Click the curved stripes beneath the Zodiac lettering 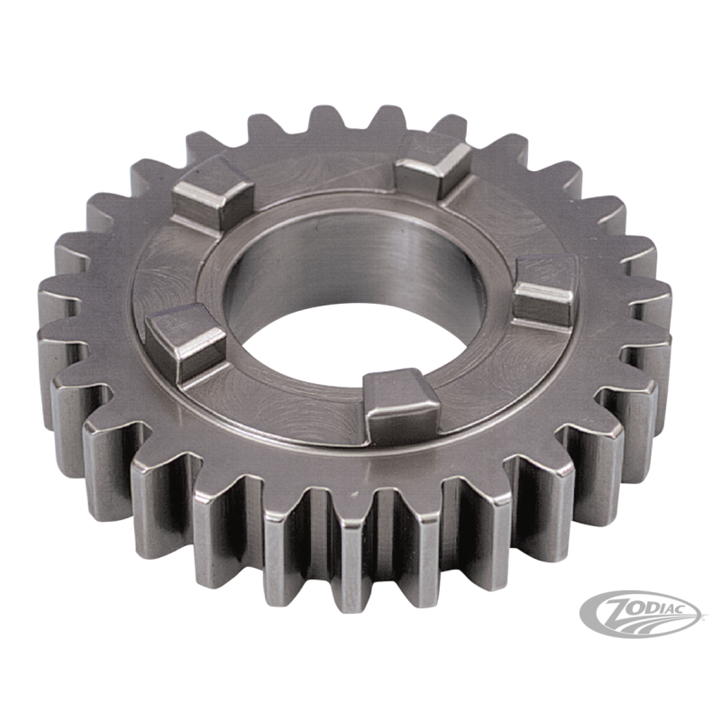point(643,622)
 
